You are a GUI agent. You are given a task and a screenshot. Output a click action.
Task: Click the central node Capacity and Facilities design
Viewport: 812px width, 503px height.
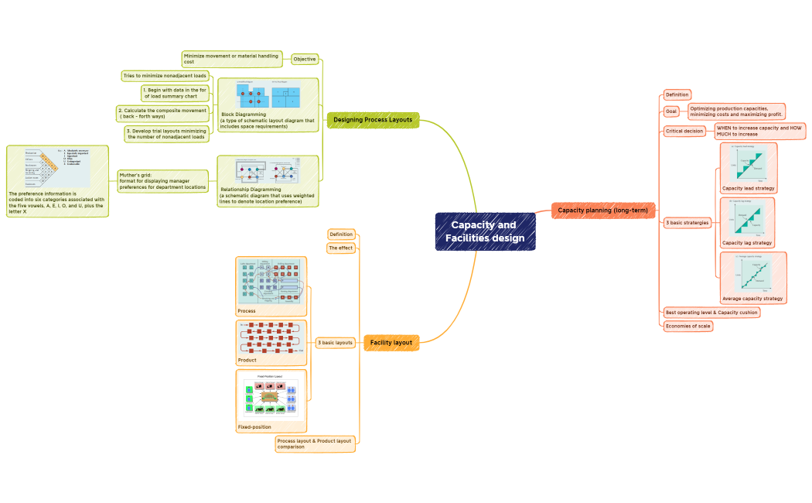485,231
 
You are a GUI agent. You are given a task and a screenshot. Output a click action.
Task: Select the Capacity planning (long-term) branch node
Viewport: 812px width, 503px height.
603,210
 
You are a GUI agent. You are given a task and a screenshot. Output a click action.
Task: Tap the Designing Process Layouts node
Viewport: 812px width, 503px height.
373,119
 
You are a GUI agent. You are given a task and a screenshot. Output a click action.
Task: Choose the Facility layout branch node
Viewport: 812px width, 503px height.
391,342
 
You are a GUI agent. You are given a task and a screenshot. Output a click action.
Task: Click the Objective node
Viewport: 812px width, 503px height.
304,59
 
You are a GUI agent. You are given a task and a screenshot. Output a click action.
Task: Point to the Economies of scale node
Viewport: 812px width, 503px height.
687,326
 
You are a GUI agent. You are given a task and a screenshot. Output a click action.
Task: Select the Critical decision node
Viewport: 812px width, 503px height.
684,131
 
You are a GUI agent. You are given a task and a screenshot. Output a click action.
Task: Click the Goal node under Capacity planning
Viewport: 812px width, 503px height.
670,111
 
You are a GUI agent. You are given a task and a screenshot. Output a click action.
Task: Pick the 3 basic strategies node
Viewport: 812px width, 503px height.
687,223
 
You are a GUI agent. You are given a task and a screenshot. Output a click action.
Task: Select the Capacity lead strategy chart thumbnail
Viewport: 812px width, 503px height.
747,163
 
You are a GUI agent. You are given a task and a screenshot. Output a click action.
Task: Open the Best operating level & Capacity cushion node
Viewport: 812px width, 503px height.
711,312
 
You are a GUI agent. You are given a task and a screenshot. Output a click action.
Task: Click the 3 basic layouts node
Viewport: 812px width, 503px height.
335,342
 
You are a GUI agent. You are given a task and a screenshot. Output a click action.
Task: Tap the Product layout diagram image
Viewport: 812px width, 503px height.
271,338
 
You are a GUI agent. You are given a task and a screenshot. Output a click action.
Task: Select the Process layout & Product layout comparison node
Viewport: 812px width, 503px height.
315,443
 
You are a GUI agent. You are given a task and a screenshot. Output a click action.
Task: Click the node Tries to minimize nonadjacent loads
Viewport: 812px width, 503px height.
165,76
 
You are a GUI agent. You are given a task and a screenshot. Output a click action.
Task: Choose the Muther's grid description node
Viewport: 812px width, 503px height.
162,181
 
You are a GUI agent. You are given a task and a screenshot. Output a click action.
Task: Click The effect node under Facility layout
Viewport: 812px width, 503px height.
340,248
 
